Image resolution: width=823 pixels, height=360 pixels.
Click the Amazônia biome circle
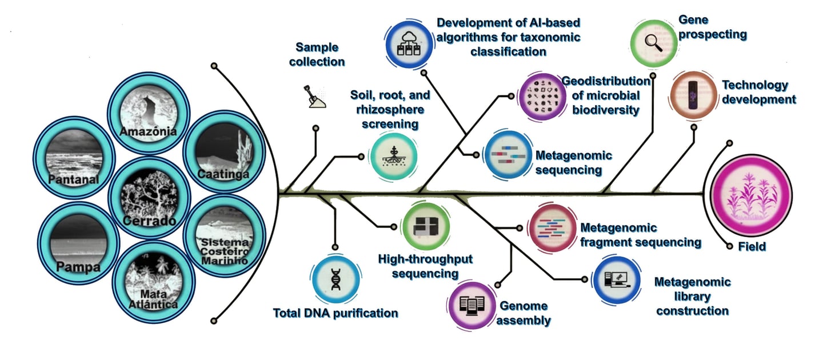point(149,114)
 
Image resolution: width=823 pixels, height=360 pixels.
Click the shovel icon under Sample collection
point(314,97)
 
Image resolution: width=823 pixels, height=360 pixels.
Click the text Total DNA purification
point(335,313)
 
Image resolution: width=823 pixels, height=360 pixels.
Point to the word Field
point(752,246)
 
